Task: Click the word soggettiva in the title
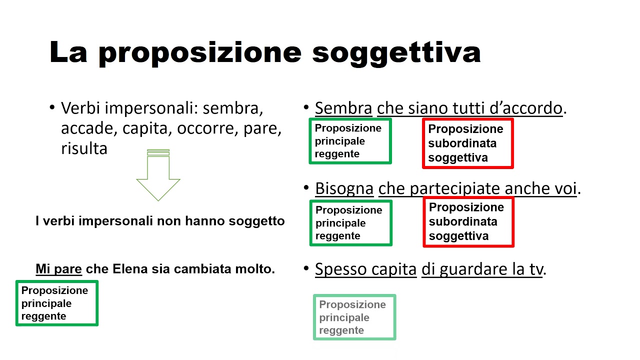(396, 52)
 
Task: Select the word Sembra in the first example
(343, 108)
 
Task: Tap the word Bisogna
(344, 188)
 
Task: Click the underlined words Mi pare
(58, 269)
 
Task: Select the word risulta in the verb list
(84, 148)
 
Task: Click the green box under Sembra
(350, 141)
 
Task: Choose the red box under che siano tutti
(467, 143)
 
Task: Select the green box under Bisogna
(350, 223)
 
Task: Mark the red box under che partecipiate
(468, 222)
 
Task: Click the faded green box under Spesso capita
(354, 317)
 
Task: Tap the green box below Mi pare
(56, 303)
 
